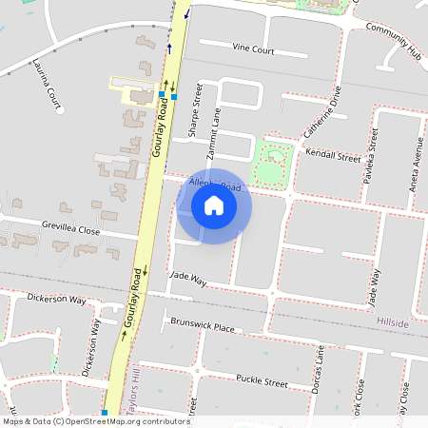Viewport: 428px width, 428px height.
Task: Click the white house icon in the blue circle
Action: pos(214,205)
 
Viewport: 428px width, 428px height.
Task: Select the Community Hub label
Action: pos(393,42)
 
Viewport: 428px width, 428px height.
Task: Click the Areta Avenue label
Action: pos(416,162)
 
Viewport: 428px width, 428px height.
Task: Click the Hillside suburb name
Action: pos(392,323)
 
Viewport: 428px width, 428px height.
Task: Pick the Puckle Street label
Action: pos(262,381)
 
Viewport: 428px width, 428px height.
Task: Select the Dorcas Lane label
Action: pos(319,375)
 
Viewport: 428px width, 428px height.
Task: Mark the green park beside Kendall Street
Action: pos(272,162)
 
